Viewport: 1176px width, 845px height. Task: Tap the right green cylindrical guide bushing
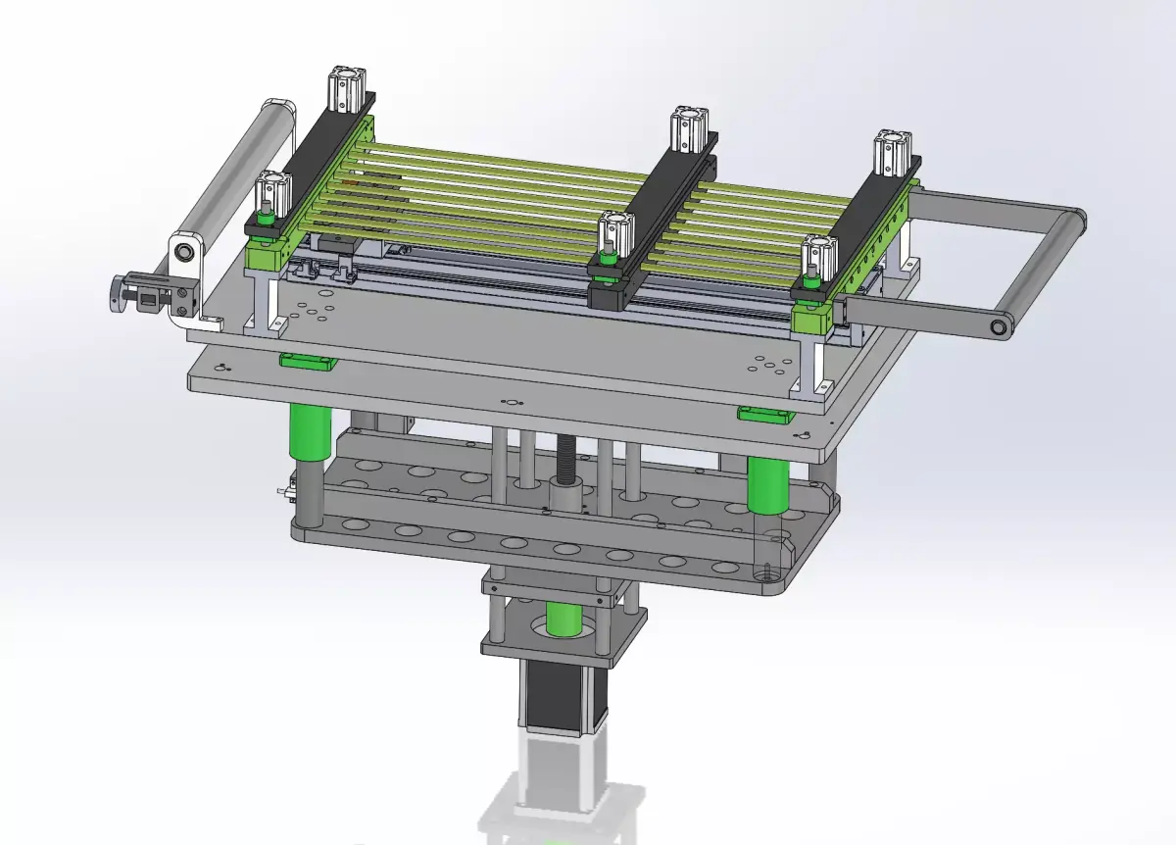point(767,484)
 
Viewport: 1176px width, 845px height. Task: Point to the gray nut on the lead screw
point(565,489)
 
